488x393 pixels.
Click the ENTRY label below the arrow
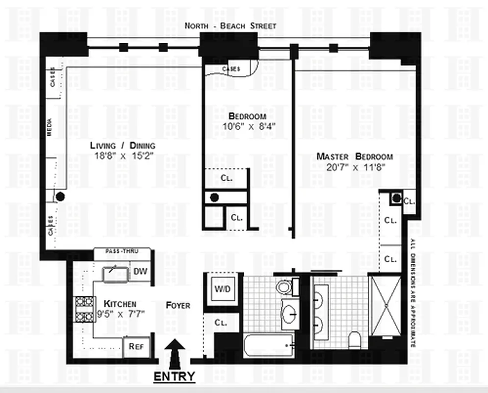(175, 377)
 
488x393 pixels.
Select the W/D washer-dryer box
(220, 288)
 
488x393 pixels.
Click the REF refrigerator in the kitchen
(135, 346)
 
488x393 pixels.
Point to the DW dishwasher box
(140, 271)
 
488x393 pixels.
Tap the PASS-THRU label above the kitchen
(122, 251)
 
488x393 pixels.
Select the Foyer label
(178, 305)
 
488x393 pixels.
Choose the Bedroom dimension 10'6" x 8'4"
(247, 126)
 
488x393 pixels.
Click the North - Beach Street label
(230, 26)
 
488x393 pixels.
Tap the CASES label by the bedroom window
(231, 69)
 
